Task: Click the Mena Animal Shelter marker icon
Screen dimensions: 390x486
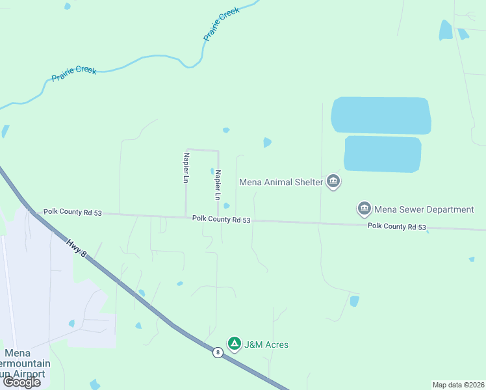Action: pos(333,181)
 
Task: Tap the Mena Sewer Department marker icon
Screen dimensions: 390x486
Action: pos(364,209)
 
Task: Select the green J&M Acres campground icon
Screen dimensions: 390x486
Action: pos(234,344)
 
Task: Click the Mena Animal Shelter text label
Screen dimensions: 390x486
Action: pos(281,182)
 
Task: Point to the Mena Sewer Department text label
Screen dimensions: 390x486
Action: pos(424,209)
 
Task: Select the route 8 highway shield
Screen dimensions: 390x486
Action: pos(217,352)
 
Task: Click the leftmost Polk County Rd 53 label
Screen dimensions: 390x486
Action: pos(73,212)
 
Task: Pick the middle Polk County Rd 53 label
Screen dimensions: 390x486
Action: pos(221,220)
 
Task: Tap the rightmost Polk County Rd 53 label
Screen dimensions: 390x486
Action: pos(396,226)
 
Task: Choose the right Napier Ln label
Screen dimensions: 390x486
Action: pos(218,185)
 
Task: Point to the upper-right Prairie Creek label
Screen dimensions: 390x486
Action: pos(221,25)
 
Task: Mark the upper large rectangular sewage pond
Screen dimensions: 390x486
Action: pos(381,116)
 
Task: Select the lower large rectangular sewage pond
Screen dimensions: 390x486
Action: pos(383,154)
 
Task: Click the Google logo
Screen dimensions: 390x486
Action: pos(22,382)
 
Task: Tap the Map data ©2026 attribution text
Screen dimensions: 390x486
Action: pos(459,384)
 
